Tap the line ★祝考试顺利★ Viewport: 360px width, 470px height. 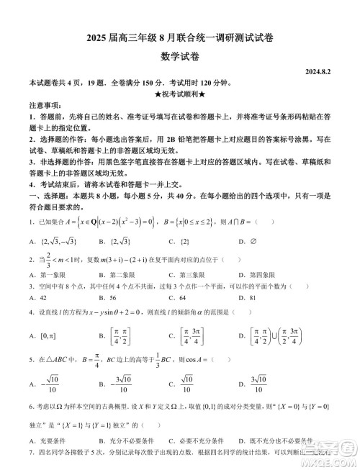pyautogui.click(x=180, y=94)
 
